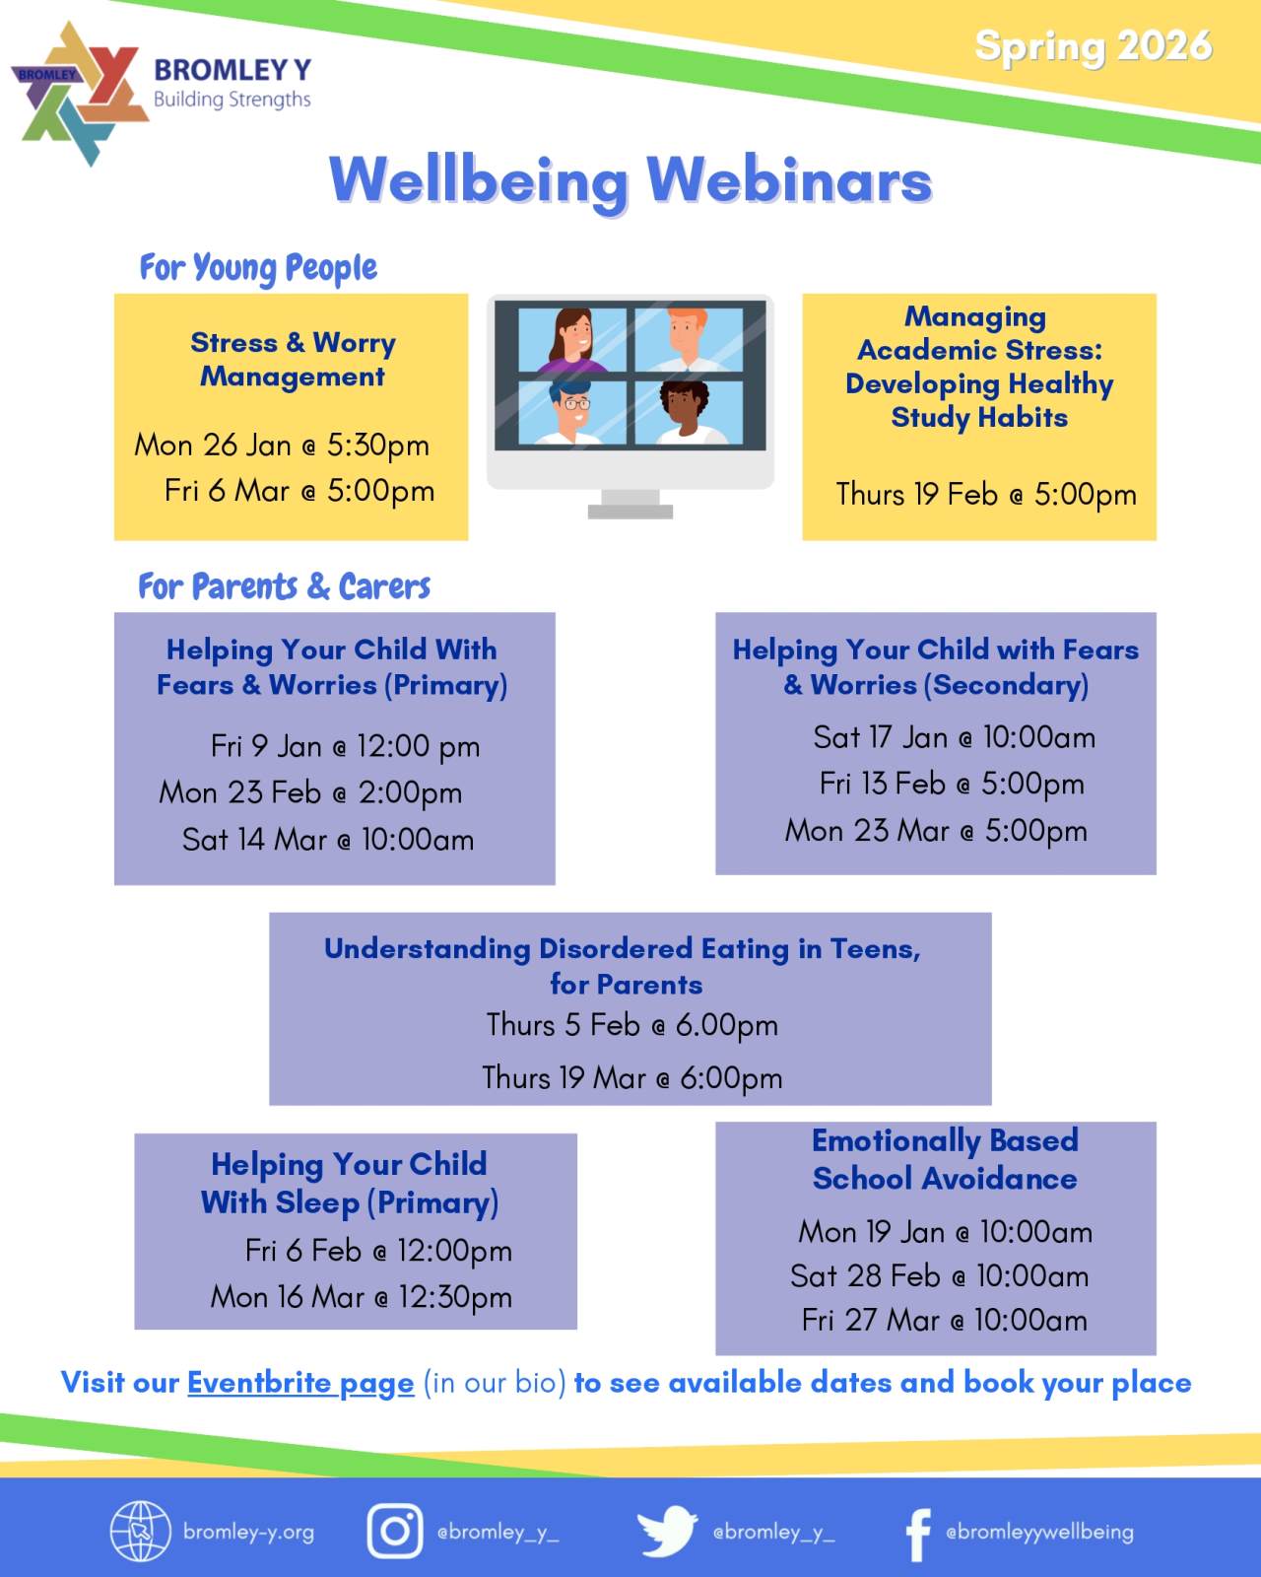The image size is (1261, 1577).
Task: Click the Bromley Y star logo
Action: pos(79,94)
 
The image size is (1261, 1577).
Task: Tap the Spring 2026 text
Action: pos(1094,47)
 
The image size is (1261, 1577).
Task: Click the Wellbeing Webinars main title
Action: pos(630,180)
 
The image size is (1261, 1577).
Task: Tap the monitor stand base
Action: pos(630,512)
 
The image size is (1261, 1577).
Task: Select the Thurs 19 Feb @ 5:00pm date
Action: pos(986,495)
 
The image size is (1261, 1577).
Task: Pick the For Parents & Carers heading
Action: pos(285,587)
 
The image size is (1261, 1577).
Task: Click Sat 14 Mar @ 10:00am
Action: pos(327,840)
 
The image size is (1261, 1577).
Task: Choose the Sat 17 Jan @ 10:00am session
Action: pos(954,737)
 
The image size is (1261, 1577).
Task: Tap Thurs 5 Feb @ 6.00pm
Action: pos(631,1025)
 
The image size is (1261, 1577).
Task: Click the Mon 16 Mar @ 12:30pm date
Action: pos(362,1298)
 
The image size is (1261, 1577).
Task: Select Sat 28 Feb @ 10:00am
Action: pos(939,1276)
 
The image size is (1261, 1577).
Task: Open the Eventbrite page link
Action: pos(300,1383)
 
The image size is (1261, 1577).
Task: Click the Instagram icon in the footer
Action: pos(395,1530)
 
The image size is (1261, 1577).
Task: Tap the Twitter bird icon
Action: pos(667,1530)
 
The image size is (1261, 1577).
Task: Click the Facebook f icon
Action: pos(919,1535)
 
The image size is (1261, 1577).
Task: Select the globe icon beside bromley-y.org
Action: pos(140,1531)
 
